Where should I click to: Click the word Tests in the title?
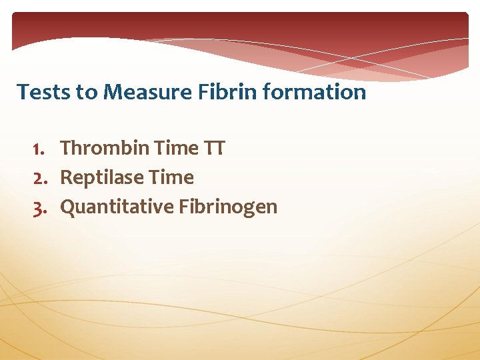[44, 91]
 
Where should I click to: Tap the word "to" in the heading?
[87, 91]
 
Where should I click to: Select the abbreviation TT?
[215, 148]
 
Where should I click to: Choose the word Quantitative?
[117, 207]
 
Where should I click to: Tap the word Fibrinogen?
[228, 207]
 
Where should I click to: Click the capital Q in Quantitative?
[67, 207]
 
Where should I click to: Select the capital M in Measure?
[113, 91]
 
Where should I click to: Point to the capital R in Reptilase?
[65, 178]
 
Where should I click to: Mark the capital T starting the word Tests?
[22, 91]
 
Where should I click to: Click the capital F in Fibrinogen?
[183, 207]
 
